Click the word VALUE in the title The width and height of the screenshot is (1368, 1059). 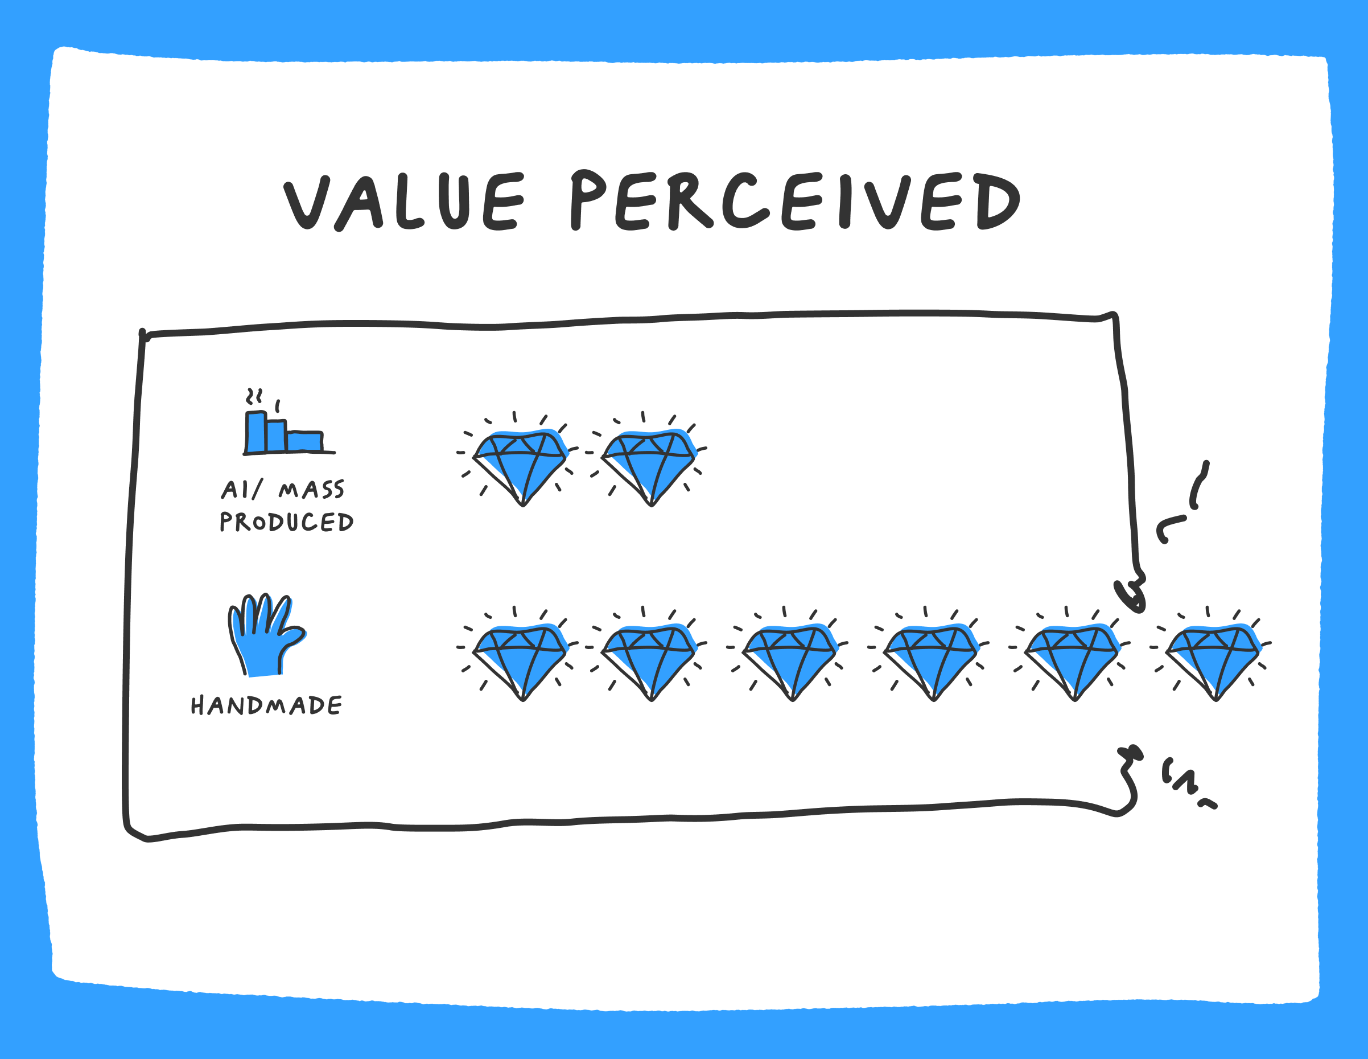tap(404, 202)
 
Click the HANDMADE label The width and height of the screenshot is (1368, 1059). tap(266, 705)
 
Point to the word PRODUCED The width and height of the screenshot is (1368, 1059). tap(286, 522)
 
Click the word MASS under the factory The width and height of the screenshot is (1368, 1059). tap(311, 490)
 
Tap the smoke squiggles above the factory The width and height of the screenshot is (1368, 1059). tap(254, 396)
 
